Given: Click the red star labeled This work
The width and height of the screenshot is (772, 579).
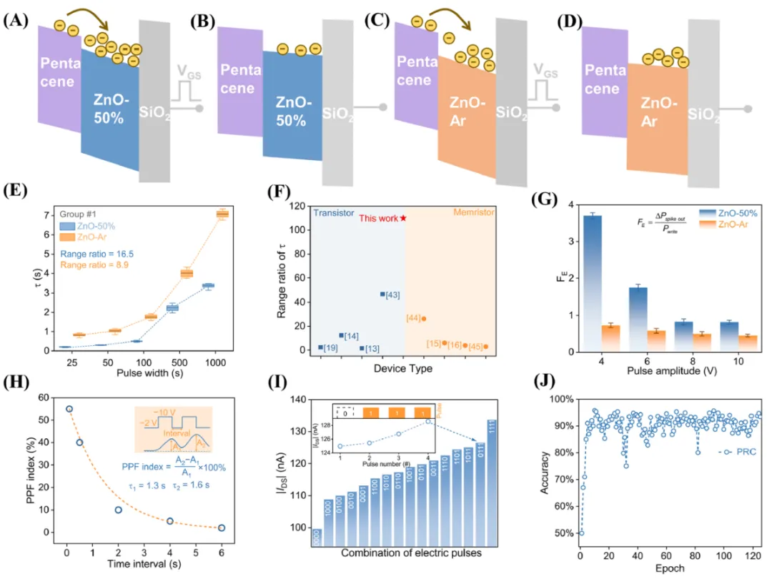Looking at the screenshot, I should [x=403, y=218].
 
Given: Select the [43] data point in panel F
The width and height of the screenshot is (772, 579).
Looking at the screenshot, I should [x=382, y=294].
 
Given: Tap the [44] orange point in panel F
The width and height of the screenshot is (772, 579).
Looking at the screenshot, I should [x=424, y=319].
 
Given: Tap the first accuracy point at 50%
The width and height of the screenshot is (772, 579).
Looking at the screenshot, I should [x=580, y=533].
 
